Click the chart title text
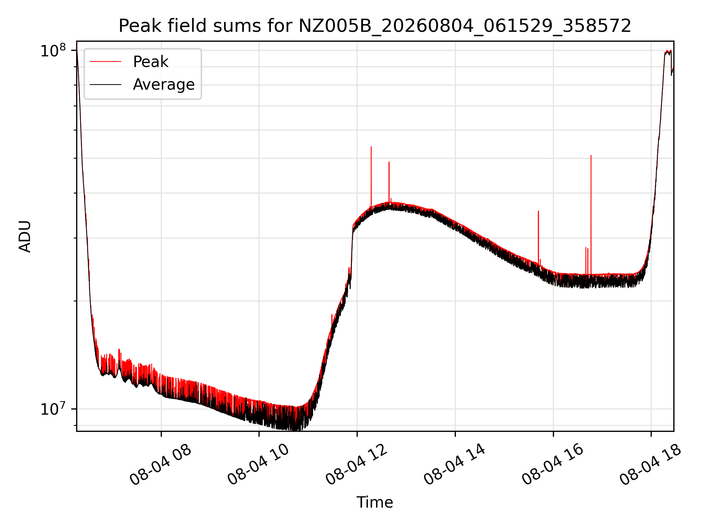click(375, 26)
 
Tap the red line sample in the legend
click(105, 62)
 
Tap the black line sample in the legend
click(105, 85)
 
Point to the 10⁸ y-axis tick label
click(53, 51)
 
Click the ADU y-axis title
click(25, 236)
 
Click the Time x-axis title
click(375, 502)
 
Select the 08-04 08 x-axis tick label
click(160, 465)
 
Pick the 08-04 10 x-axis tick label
click(258, 465)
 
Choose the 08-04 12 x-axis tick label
click(357, 465)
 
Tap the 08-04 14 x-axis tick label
click(455, 465)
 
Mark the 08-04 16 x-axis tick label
click(553, 465)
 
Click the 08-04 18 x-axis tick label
click(651, 465)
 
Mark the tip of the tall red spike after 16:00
click(591, 155)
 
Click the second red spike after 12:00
click(389, 182)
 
